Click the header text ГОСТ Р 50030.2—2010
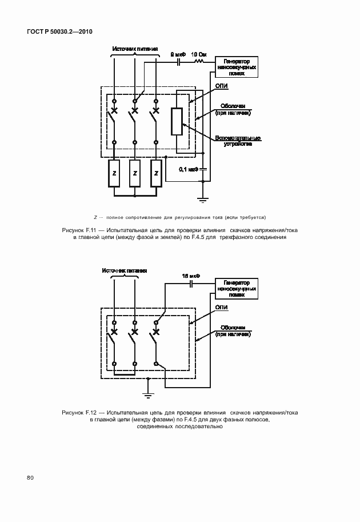coord(59,32)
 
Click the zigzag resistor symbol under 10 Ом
coord(200,61)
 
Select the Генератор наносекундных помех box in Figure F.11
coord(235,67)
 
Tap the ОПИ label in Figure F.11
coord(222,86)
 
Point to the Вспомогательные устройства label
coord(238,141)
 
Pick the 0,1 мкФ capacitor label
coord(188,169)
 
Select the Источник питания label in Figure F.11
coord(135,49)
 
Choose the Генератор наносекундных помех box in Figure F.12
coord(236,289)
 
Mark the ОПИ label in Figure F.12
coord(222,308)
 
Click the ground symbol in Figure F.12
coord(147,394)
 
